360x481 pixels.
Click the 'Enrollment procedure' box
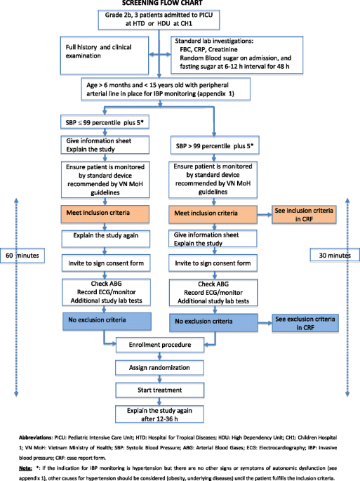pyautogui.click(x=160, y=345)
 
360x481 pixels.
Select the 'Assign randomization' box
pyautogui.click(x=159, y=367)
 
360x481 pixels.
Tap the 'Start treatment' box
pyautogui.click(x=160, y=390)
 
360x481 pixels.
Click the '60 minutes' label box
pyautogui.click(x=22, y=256)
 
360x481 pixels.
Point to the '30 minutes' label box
pyautogui.click(x=335, y=255)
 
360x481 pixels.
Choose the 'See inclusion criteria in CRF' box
pyautogui.click(x=304, y=214)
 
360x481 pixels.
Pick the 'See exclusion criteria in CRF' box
pyautogui.click(x=305, y=323)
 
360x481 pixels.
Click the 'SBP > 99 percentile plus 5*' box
pyautogui.click(x=215, y=146)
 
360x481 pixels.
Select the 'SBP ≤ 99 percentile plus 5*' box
pyautogui.click(x=105, y=122)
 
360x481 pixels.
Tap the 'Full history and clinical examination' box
pyautogui.click(x=105, y=55)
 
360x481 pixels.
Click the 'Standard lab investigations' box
pyautogui.click(x=236, y=55)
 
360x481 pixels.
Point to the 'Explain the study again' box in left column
pyautogui.click(x=106, y=239)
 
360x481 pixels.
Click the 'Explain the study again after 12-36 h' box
pyautogui.click(x=159, y=414)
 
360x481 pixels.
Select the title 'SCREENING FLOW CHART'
pyautogui.click(x=162, y=3)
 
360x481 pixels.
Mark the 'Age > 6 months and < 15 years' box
pyautogui.click(x=166, y=89)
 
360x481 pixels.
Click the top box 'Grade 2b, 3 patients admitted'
pyautogui.click(x=159, y=20)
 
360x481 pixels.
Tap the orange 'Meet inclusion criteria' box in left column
pyautogui.click(x=105, y=213)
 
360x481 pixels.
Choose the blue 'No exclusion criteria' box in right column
pyautogui.click(x=213, y=322)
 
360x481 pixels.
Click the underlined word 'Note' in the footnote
pyautogui.click(x=25, y=468)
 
